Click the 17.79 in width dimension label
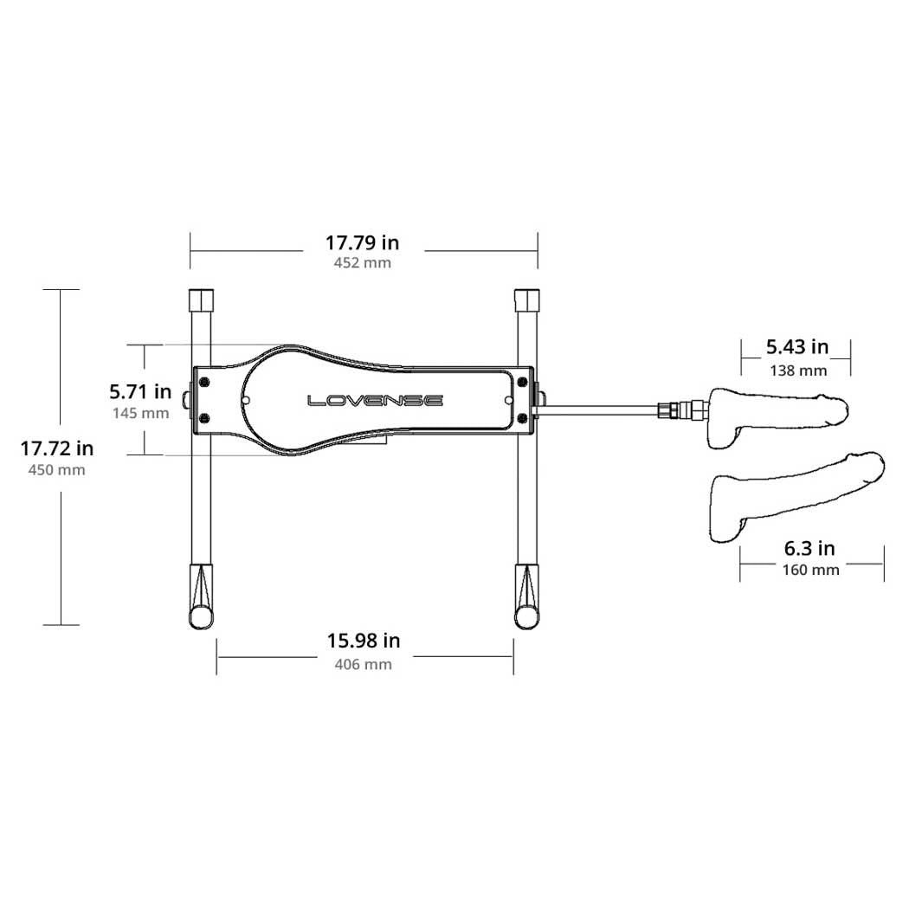point(363,242)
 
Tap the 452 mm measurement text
point(363,262)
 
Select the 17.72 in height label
point(57,448)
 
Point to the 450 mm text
point(57,469)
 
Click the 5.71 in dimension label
point(141,392)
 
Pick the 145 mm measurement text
point(141,413)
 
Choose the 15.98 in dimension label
point(364,641)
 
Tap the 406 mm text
point(364,664)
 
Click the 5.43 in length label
point(797,346)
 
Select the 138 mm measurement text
point(798,371)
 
